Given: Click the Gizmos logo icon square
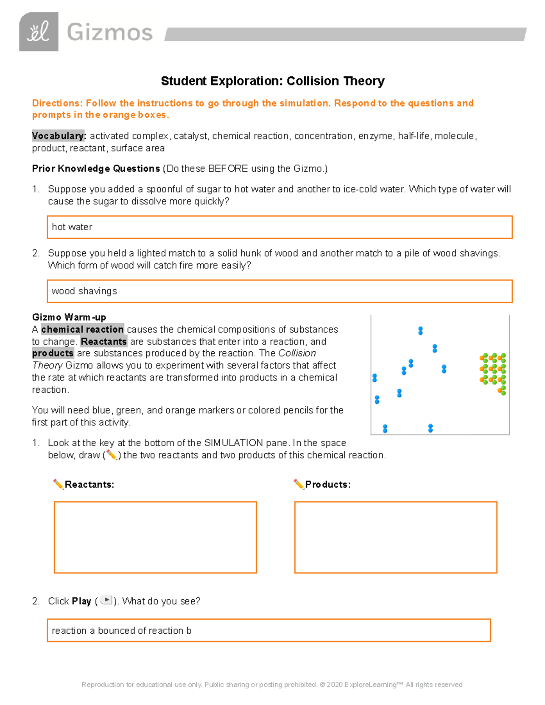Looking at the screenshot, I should pos(39,32).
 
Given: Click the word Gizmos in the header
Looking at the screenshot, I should pos(109,33).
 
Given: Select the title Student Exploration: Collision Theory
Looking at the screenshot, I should pos(272,81).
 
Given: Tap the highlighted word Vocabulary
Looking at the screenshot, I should pos(58,136).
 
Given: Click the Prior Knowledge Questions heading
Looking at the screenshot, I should pos(96,168).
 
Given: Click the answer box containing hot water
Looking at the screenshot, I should pos(279,227).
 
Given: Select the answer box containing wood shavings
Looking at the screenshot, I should pos(279,291).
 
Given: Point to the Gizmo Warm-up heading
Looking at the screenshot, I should pos(69,317).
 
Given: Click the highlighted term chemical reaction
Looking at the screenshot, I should pos(82,329).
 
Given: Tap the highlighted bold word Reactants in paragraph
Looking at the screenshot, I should pos(104,341).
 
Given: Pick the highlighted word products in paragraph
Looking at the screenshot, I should pos(53,353).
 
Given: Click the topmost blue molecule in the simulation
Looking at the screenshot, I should pos(421,330).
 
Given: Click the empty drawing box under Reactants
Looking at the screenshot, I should pos(155,537).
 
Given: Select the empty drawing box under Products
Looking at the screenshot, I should pos(396,537).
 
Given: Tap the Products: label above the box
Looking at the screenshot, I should pos(327,484).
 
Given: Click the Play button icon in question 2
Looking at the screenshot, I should pos(106,600).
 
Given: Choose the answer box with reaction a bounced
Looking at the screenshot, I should pos(269,630).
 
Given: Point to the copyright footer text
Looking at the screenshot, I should pos(272,685).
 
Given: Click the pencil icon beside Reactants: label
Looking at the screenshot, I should pos(58,484).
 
